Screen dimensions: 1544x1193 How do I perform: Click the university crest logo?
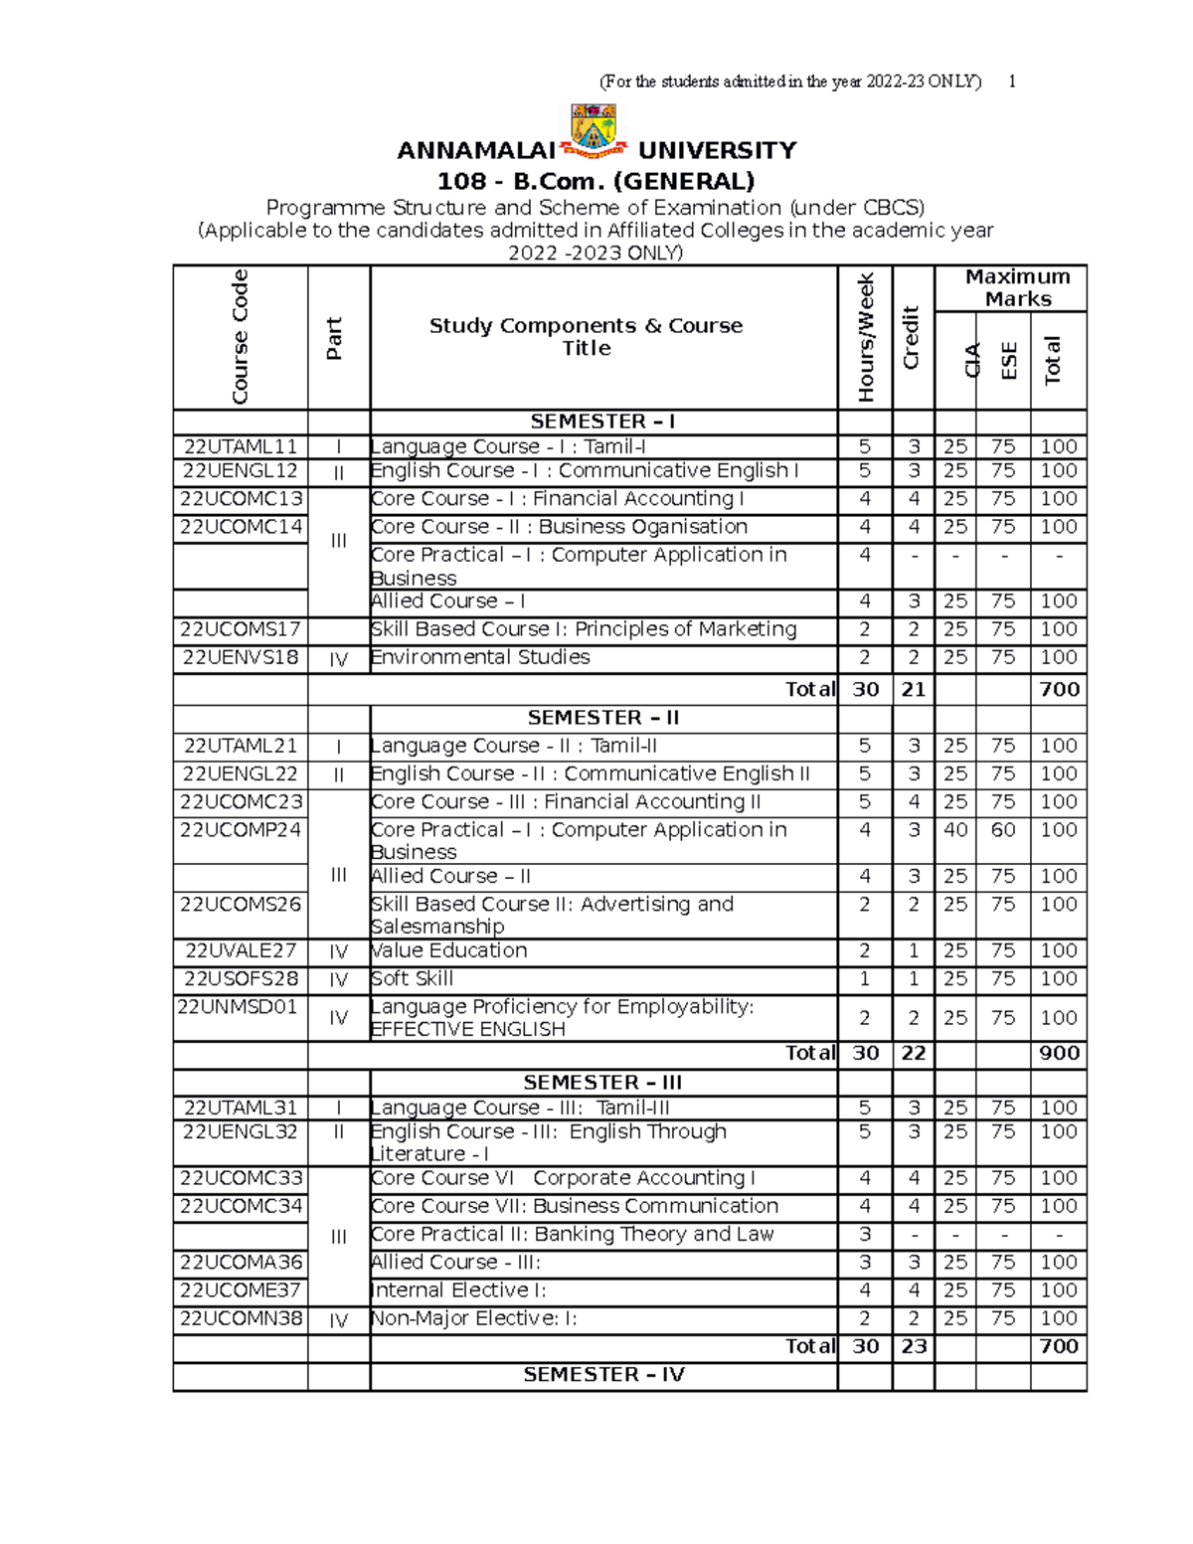594,131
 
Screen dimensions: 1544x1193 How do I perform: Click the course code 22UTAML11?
240,447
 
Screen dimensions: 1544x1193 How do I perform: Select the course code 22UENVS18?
240,657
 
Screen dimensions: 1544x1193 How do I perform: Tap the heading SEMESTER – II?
602,718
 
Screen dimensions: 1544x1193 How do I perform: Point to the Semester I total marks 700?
1059,689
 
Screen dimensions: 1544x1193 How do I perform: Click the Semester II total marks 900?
1059,1053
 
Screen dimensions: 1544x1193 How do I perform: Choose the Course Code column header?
240,336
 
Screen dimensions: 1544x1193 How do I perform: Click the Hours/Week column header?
865,336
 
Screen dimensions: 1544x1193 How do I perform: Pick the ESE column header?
1008,360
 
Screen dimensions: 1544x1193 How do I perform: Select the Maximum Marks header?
1017,288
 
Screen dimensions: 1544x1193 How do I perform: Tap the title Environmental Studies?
480,657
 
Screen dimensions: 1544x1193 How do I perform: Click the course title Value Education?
449,950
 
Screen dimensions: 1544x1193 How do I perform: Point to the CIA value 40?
954,829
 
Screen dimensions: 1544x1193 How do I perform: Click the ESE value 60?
1002,829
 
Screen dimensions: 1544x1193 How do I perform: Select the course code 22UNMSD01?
238,1006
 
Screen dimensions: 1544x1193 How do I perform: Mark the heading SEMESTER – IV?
603,1375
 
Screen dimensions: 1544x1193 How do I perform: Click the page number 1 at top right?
1012,82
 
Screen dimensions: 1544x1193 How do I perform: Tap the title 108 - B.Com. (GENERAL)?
596,181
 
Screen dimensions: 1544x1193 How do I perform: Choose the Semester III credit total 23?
913,1346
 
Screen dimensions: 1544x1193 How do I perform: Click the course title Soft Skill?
413,978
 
